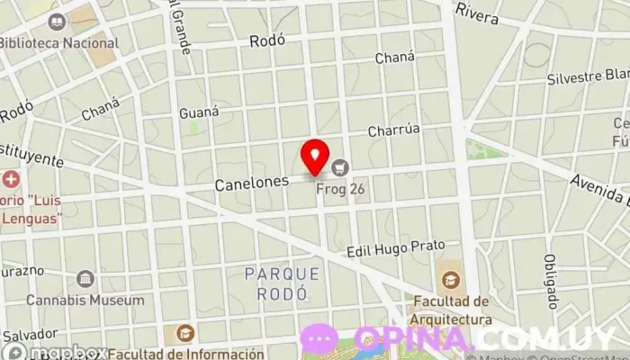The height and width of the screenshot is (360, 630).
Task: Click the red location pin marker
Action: click(x=315, y=157)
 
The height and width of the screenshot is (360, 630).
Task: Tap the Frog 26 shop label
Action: click(x=339, y=190)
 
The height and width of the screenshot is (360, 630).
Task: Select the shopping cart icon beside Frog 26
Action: click(x=339, y=166)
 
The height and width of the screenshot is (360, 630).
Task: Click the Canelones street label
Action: click(x=251, y=183)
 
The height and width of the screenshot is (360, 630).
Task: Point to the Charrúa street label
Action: click(x=393, y=130)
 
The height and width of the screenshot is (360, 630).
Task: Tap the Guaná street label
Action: click(x=199, y=112)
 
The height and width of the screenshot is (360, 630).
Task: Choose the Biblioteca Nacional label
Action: click(x=58, y=42)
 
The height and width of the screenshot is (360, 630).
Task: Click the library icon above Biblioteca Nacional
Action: click(x=58, y=21)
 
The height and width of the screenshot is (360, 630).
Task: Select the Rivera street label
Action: click(x=477, y=11)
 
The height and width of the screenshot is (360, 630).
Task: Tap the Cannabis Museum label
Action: click(x=85, y=300)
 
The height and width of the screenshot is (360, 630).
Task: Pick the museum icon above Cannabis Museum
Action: click(x=85, y=279)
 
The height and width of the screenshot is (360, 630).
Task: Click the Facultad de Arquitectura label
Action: click(x=453, y=310)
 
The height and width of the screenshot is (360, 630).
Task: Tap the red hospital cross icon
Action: click(x=10, y=179)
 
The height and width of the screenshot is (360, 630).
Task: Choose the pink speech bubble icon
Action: click(x=320, y=338)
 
